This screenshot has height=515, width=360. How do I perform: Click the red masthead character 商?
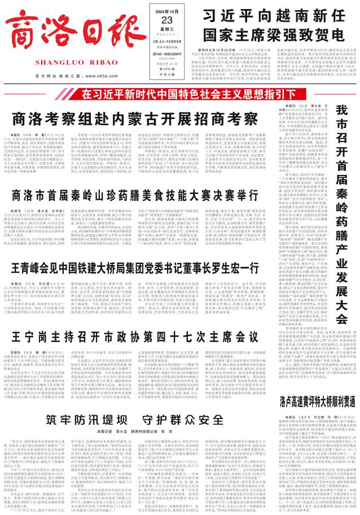point(28,29)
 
